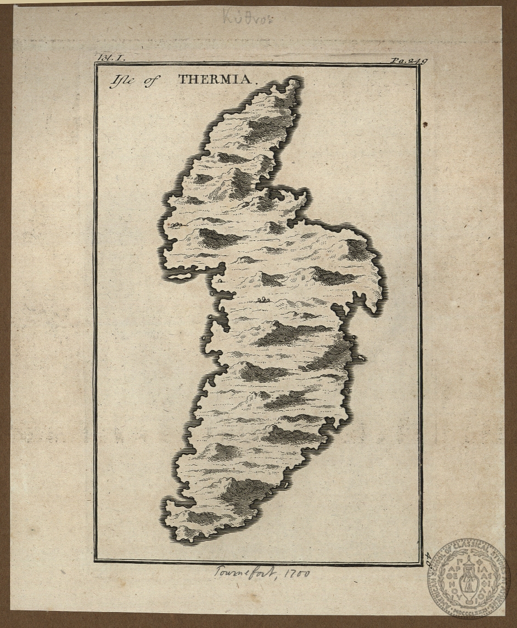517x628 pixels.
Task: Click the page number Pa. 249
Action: (x=408, y=60)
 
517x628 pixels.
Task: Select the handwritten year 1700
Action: (x=296, y=574)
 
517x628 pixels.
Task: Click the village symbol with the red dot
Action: (x=175, y=225)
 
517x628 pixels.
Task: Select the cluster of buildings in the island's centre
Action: (x=262, y=299)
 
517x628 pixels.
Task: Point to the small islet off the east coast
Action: (x=361, y=358)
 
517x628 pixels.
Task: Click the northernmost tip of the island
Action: (x=295, y=82)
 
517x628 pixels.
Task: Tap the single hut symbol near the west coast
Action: (x=220, y=280)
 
